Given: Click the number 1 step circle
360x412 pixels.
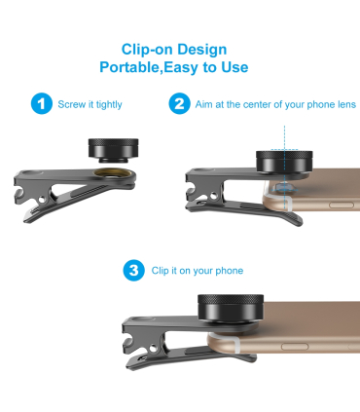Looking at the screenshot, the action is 42,104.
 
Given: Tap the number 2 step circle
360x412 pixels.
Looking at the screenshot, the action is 179,104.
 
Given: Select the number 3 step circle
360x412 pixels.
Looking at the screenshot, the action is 133,270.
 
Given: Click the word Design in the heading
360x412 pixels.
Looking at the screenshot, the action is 202,50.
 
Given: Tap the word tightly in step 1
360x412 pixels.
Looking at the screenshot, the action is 109,105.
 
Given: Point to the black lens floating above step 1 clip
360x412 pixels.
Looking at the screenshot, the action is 114,150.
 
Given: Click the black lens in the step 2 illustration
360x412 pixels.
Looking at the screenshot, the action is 284,162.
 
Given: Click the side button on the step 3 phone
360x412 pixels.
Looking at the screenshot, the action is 295,347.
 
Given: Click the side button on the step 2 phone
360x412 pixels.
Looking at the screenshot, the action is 342,206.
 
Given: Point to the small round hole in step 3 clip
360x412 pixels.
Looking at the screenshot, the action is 153,349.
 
